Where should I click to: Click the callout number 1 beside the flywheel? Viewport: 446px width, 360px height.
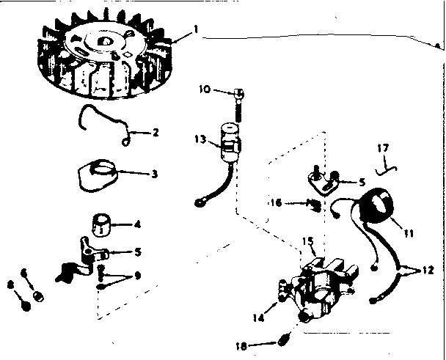(x=195, y=29)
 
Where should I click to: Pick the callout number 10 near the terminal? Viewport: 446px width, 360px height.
(x=205, y=89)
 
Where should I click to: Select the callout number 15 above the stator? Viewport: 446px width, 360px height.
(x=307, y=240)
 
